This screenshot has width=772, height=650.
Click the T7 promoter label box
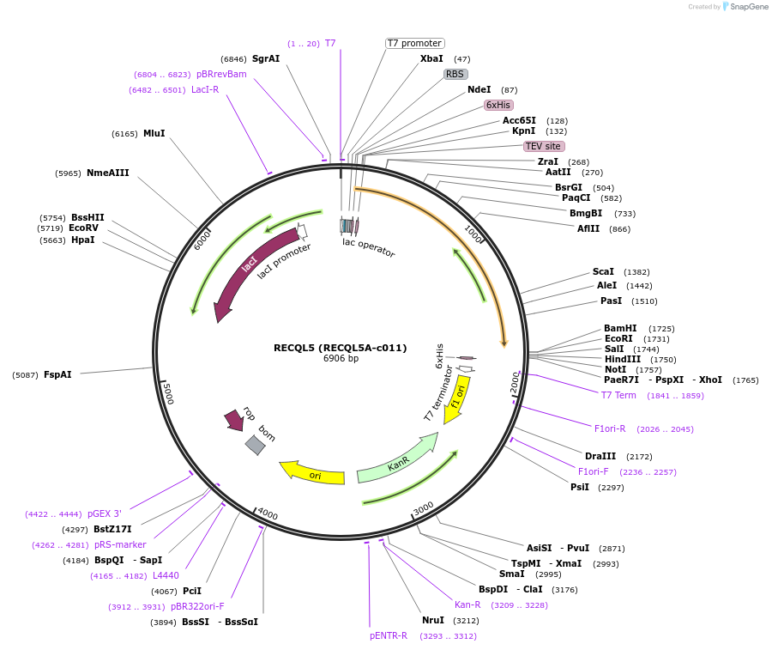click(414, 43)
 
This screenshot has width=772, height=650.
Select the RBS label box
click(455, 74)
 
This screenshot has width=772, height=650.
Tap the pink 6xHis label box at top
click(498, 105)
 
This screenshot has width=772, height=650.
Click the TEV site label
click(543, 146)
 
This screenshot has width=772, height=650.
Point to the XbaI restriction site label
click(431, 58)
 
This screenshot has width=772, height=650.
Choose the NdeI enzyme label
click(479, 89)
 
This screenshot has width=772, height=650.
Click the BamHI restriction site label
click(620, 328)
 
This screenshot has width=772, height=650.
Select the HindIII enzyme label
click(622, 359)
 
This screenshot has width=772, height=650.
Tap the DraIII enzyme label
click(600, 456)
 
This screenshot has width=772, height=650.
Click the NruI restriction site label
click(433, 620)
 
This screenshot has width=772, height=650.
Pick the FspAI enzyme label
click(57, 374)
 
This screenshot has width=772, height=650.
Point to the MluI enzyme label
click(154, 133)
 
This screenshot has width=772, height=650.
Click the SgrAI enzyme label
click(266, 58)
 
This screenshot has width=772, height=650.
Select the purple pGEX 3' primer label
click(104, 513)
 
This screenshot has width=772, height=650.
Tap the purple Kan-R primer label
click(467, 604)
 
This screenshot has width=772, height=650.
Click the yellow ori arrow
click(313, 473)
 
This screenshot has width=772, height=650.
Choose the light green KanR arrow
click(397, 460)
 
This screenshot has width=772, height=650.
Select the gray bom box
click(255, 444)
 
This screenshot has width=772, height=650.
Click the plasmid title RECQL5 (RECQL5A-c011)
click(340, 348)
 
